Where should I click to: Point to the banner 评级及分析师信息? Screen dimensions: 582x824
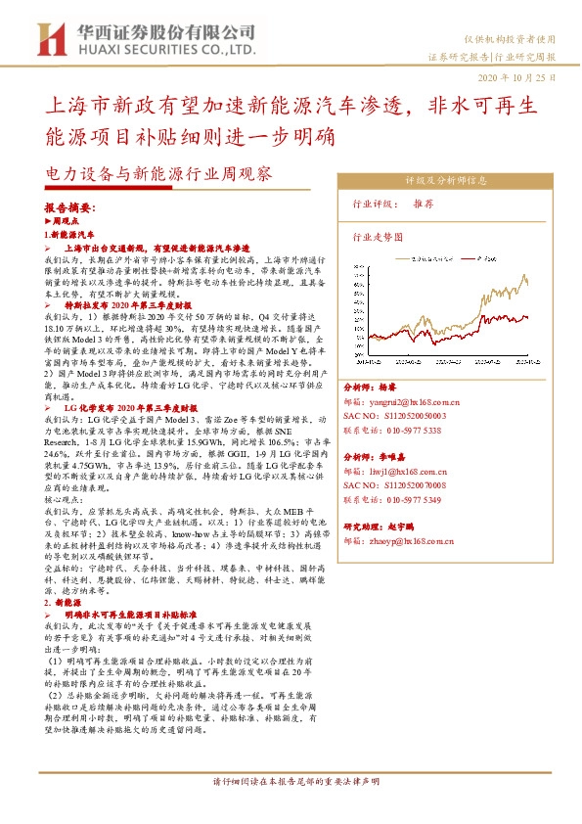[446, 180]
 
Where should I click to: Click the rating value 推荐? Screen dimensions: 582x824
[424, 205]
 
